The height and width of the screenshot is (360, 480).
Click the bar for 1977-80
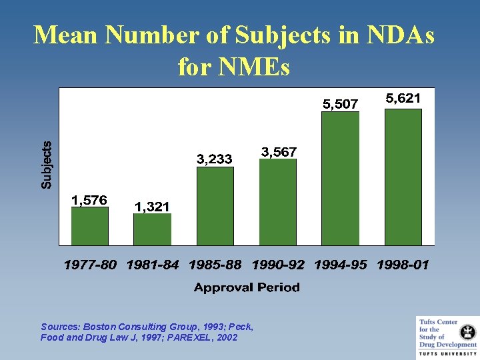tap(90, 226)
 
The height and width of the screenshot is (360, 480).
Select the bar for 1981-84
tap(152, 229)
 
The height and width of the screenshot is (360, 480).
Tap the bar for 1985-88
tap(215, 206)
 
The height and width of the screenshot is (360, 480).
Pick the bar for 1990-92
tap(277, 202)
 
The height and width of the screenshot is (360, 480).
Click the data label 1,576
tap(89, 199)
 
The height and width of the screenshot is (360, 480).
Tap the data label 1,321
tap(152, 207)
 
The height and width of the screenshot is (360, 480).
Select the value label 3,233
tap(215, 159)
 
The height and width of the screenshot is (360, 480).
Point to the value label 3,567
tap(279, 152)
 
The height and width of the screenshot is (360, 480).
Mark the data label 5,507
tap(341, 104)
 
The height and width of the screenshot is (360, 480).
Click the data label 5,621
tap(403, 99)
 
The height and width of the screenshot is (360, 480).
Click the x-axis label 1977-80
tap(90, 265)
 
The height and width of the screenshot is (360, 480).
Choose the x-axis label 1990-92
tap(278, 265)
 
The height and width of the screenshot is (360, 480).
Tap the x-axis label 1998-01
tap(403, 265)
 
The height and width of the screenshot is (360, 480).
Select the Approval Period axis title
tap(247, 287)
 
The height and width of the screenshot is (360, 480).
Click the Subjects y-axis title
tap(47, 165)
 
